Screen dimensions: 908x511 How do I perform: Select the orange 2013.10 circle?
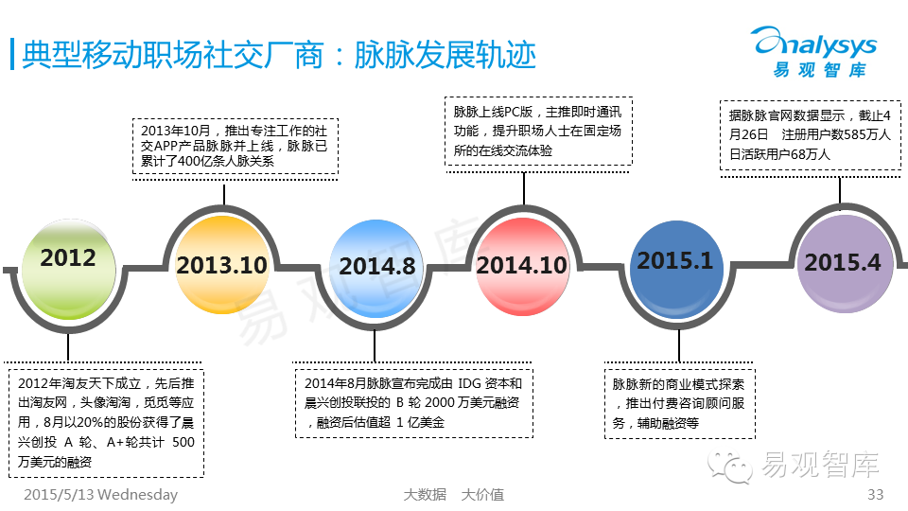(x=221, y=264)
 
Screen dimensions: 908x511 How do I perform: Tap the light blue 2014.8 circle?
(x=376, y=267)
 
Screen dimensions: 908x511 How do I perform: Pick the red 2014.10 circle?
(x=521, y=266)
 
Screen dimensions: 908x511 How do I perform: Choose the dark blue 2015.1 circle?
(x=675, y=261)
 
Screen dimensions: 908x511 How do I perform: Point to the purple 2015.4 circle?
(x=842, y=262)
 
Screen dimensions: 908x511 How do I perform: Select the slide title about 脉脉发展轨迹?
(x=280, y=55)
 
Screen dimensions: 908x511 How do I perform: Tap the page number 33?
(x=875, y=495)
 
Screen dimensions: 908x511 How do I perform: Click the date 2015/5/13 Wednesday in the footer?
(x=100, y=495)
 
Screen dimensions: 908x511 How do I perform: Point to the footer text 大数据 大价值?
(x=453, y=495)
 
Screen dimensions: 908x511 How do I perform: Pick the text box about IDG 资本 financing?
(x=413, y=402)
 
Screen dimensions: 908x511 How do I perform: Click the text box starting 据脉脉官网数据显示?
(x=810, y=134)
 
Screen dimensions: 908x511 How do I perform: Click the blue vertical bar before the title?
(x=11, y=54)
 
